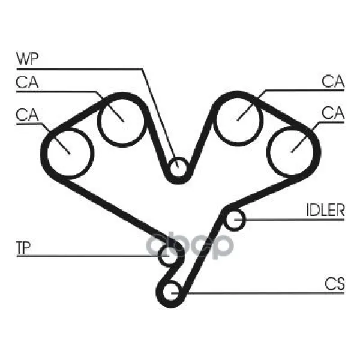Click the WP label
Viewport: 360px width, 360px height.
28,59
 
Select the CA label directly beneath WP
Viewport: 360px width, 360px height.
27,82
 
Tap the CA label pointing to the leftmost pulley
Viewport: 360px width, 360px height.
27,115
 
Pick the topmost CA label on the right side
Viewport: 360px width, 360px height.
333,81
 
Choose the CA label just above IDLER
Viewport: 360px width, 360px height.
333,113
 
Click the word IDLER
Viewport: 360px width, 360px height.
325,210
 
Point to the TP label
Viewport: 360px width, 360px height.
23,247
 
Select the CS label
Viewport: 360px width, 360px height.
335,284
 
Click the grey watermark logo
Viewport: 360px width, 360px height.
190,245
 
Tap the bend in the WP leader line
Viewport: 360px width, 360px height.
142,69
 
